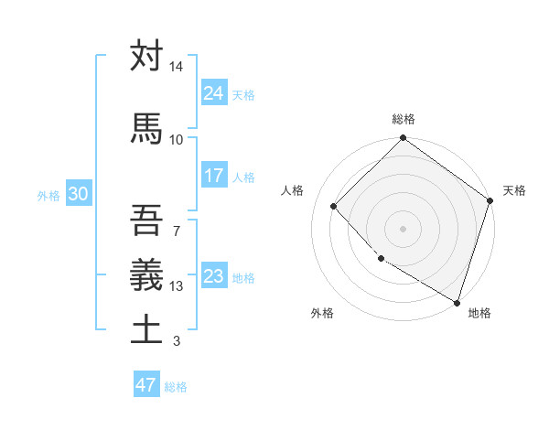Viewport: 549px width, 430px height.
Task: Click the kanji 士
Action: (146, 328)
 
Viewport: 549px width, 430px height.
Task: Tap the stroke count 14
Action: (176, 67)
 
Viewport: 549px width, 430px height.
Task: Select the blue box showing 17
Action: (213, 176)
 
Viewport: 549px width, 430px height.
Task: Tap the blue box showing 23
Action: (213, 275)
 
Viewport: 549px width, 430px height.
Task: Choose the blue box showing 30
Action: (78, 194)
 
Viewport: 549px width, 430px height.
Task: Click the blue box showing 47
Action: (145, 385)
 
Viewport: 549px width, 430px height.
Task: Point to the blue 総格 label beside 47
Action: (176, 387)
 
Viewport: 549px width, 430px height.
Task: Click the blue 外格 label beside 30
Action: (48, 195)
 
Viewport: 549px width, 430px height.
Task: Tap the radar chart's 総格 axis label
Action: (404, 119)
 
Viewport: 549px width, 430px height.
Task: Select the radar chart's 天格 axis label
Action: (514, 190)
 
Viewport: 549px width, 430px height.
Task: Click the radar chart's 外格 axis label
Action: (322, 313)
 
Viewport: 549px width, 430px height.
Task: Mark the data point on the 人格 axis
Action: (334, 207)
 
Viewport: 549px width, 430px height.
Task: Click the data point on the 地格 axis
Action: (457, 301)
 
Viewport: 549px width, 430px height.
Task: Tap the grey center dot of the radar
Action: (404, 228)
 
